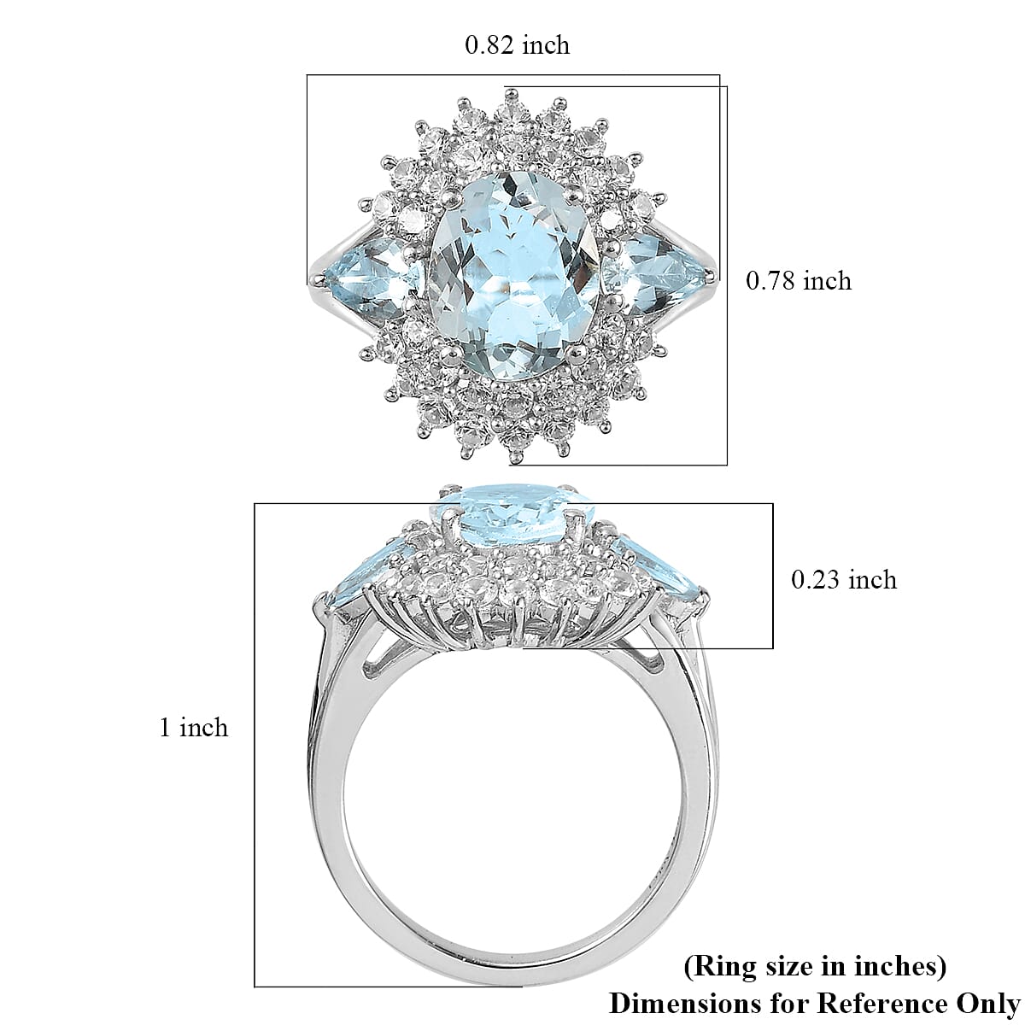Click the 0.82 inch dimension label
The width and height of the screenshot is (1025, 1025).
pyautogui.click(x=517, y=45)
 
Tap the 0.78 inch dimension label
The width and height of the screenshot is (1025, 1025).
pyautogui.click(x=799, y=281)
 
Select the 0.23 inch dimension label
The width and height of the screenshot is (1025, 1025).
pyautogui.click(x=844, y=579)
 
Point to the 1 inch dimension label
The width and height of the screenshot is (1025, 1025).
pyautogui.click(x=194, y=727)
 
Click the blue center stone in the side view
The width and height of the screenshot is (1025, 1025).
pyautogui.click(x=513, y=513)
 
